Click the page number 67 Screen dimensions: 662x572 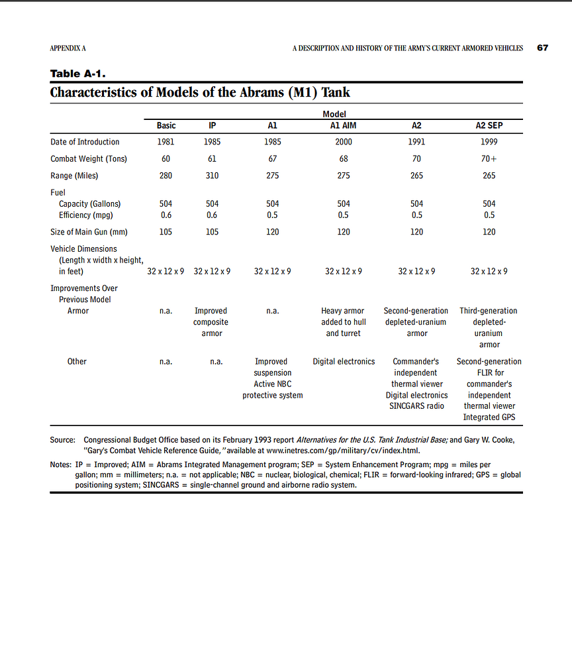[x=543, y=48]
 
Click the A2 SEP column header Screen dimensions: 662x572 [x=489, y=125]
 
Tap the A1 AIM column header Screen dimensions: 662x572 [x=344, y=125]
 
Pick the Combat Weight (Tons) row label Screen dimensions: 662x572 [x=89, y=159]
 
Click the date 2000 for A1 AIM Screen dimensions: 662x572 [x=344, y=142]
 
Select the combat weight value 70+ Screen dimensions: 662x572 [x=489, y=159]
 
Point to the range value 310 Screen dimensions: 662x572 [x=212, y=176]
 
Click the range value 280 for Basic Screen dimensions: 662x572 [x=166, y=176]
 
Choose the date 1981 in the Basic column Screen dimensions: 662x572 [x=166, y=142]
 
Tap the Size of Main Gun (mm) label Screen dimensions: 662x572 [x=89, y=232]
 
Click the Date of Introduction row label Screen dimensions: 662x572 [x=85, y=142]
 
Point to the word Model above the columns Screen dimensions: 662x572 [x=334, y=115]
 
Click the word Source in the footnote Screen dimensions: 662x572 [x=62, y=440]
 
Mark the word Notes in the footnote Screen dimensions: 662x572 [x=62, y=465]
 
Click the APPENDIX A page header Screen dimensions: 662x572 [x=68, y=48]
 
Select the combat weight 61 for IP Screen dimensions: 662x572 [x=212, y=159]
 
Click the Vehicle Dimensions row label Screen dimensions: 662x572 [x=83, y=249]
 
